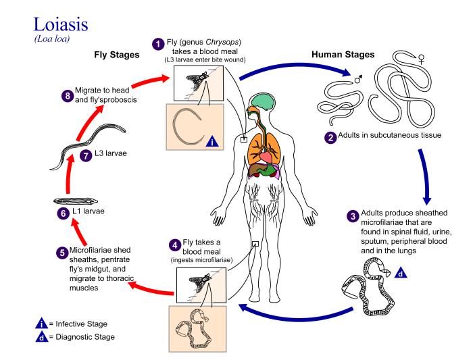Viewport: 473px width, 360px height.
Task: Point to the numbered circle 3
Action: [x=351, y=216]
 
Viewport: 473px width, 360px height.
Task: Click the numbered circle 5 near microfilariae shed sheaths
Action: [x=61, y=252]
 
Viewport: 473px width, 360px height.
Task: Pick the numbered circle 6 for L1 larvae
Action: [x=63, y=211]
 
